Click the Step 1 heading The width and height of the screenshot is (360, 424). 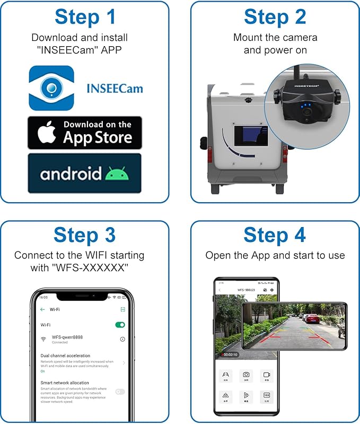tap(85, 17)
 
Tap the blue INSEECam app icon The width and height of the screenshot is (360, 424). tap(51, 88)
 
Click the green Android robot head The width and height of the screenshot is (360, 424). tap(117, 173)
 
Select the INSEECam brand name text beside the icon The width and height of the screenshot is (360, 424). tap(115, 88)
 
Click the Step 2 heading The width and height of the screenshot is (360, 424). tap(275, 17)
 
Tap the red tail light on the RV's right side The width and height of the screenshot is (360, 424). tap(285, 155)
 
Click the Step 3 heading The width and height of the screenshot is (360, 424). tap(85, 235)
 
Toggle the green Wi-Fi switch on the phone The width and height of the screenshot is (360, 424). tap(120, 324)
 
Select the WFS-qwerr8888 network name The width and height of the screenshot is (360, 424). tap(67, 337)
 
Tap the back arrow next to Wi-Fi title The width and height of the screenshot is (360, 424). tap(42, 309)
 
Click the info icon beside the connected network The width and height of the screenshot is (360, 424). tap(122, 339)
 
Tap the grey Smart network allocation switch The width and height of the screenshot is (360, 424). tap(120, 392)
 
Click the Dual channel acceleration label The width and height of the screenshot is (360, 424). tap(65, 356)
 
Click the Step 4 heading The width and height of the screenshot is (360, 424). tap(275, 235)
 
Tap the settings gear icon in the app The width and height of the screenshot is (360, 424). tap(272, 290)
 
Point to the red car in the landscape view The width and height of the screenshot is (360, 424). tap(313, 319)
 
